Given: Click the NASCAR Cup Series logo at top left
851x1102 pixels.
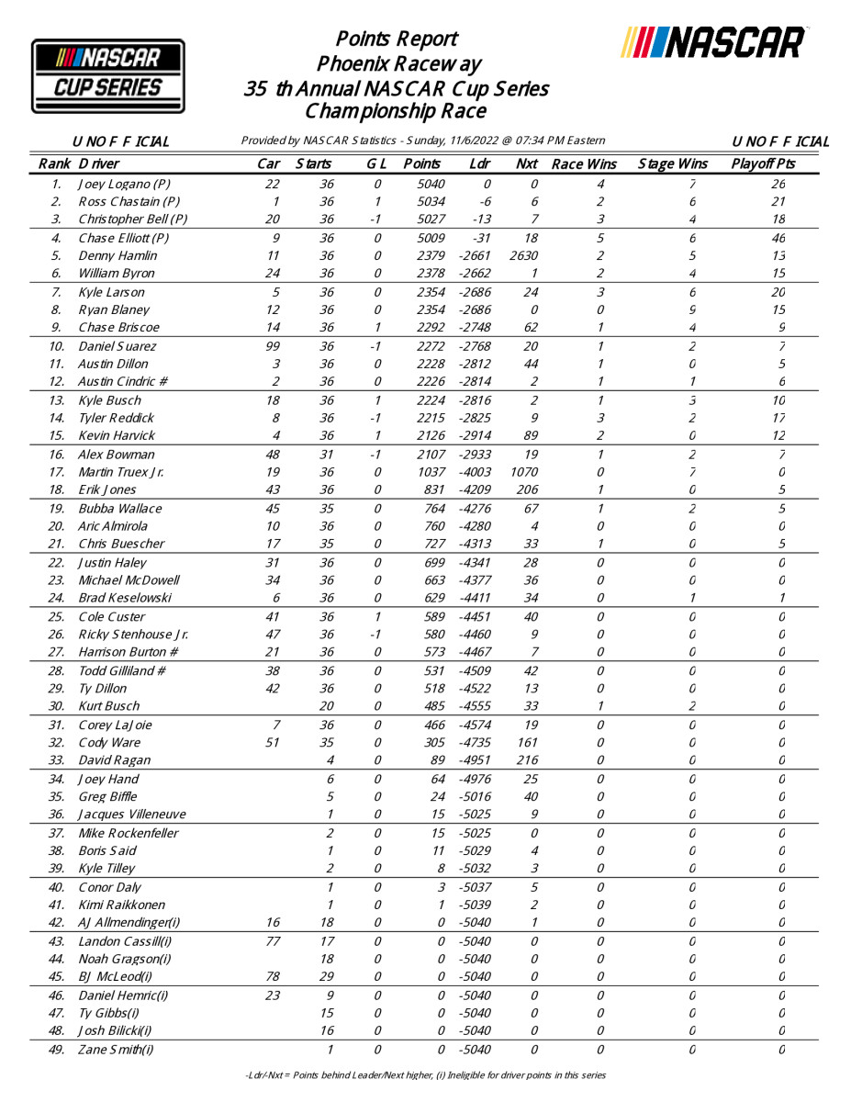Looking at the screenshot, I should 108,76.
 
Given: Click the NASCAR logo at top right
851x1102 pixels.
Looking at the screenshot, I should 713,42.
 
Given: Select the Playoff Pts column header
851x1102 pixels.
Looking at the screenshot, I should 763,164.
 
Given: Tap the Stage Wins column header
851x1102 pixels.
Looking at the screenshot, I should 673,164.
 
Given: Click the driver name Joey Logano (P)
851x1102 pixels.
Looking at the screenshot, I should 124,184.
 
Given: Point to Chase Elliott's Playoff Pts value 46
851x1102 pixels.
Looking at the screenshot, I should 778,238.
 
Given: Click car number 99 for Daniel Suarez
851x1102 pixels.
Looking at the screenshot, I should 271,346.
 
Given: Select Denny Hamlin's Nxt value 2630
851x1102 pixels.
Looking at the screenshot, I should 528,255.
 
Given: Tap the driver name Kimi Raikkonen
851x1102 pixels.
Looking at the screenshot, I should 122,905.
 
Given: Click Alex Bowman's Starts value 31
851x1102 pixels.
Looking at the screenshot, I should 327,455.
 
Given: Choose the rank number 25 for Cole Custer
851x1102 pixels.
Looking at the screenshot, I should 57,617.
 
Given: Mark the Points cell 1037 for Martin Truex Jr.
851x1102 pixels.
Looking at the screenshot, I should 429,472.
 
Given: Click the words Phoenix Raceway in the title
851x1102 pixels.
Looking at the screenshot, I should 398,64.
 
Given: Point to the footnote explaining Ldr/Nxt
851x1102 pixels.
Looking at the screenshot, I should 425,1074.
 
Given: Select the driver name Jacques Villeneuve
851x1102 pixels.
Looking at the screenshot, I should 132,815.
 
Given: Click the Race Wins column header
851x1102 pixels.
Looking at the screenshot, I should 584,164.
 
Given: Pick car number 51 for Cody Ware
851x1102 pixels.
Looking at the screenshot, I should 273,742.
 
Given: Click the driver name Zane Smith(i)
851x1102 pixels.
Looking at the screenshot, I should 116,1050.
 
